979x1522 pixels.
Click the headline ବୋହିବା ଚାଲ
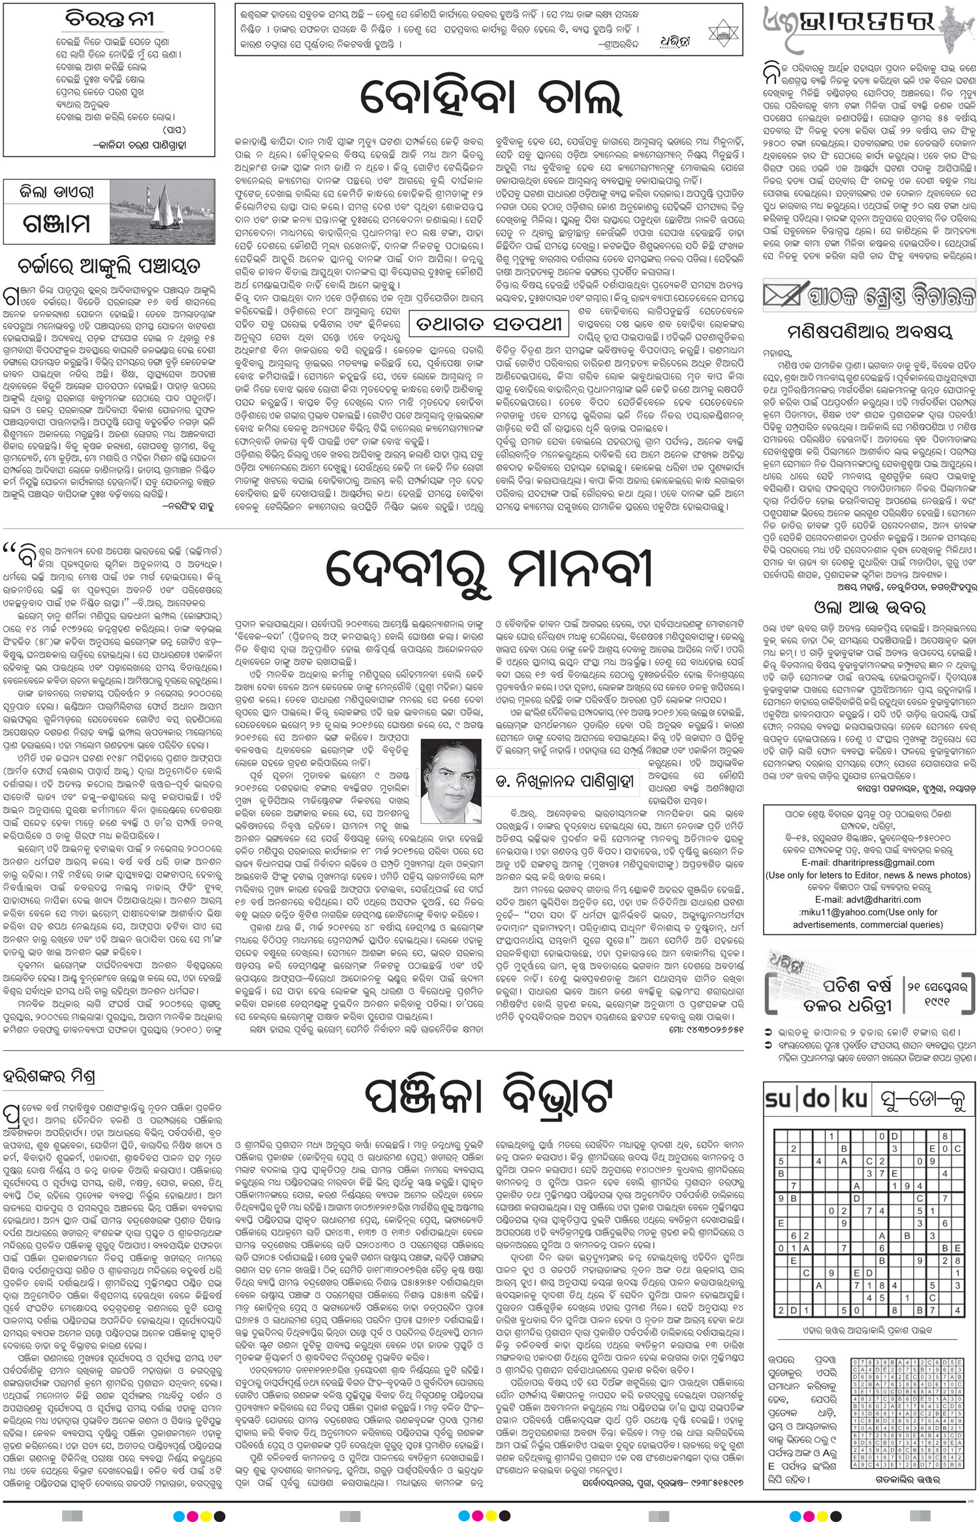489,101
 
